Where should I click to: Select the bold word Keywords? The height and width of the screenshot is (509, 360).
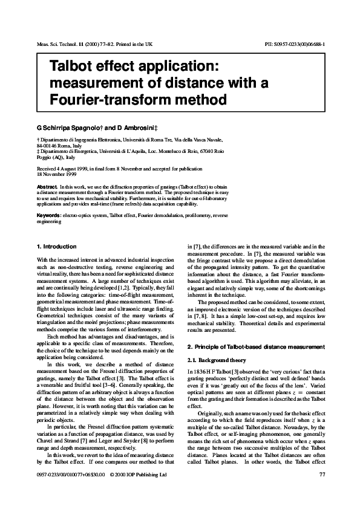click(x=49, y=215)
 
